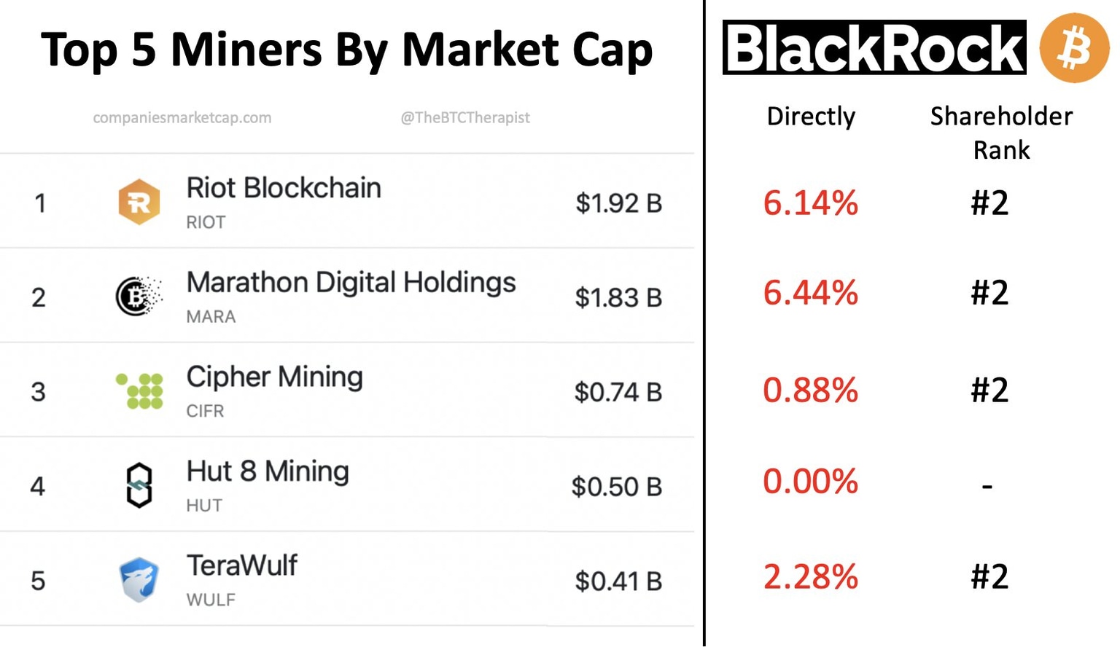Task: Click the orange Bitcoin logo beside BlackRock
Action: (1074, 47)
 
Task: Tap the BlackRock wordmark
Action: (874, 48)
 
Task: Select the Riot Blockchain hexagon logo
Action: (139, 202)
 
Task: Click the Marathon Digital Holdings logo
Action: (138, 296)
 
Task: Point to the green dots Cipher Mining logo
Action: (140, 391)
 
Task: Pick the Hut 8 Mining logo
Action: (139, 485)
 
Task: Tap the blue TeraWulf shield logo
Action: (139, 580)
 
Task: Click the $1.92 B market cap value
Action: (618, 203)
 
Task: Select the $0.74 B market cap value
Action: (618, 392)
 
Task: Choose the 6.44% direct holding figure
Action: (810, 293)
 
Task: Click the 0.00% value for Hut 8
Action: (810, 482)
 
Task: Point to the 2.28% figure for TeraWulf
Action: (810, 577)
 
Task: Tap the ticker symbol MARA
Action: (211, 317)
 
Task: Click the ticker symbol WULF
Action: (211, 600)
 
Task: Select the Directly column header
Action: (811, 117)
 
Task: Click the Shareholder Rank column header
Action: (1001, 133)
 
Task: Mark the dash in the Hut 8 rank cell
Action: (987, 485)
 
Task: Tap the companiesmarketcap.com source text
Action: (182, 117)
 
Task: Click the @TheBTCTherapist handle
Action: (465, 117)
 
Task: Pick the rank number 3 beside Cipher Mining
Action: (39, 392)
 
